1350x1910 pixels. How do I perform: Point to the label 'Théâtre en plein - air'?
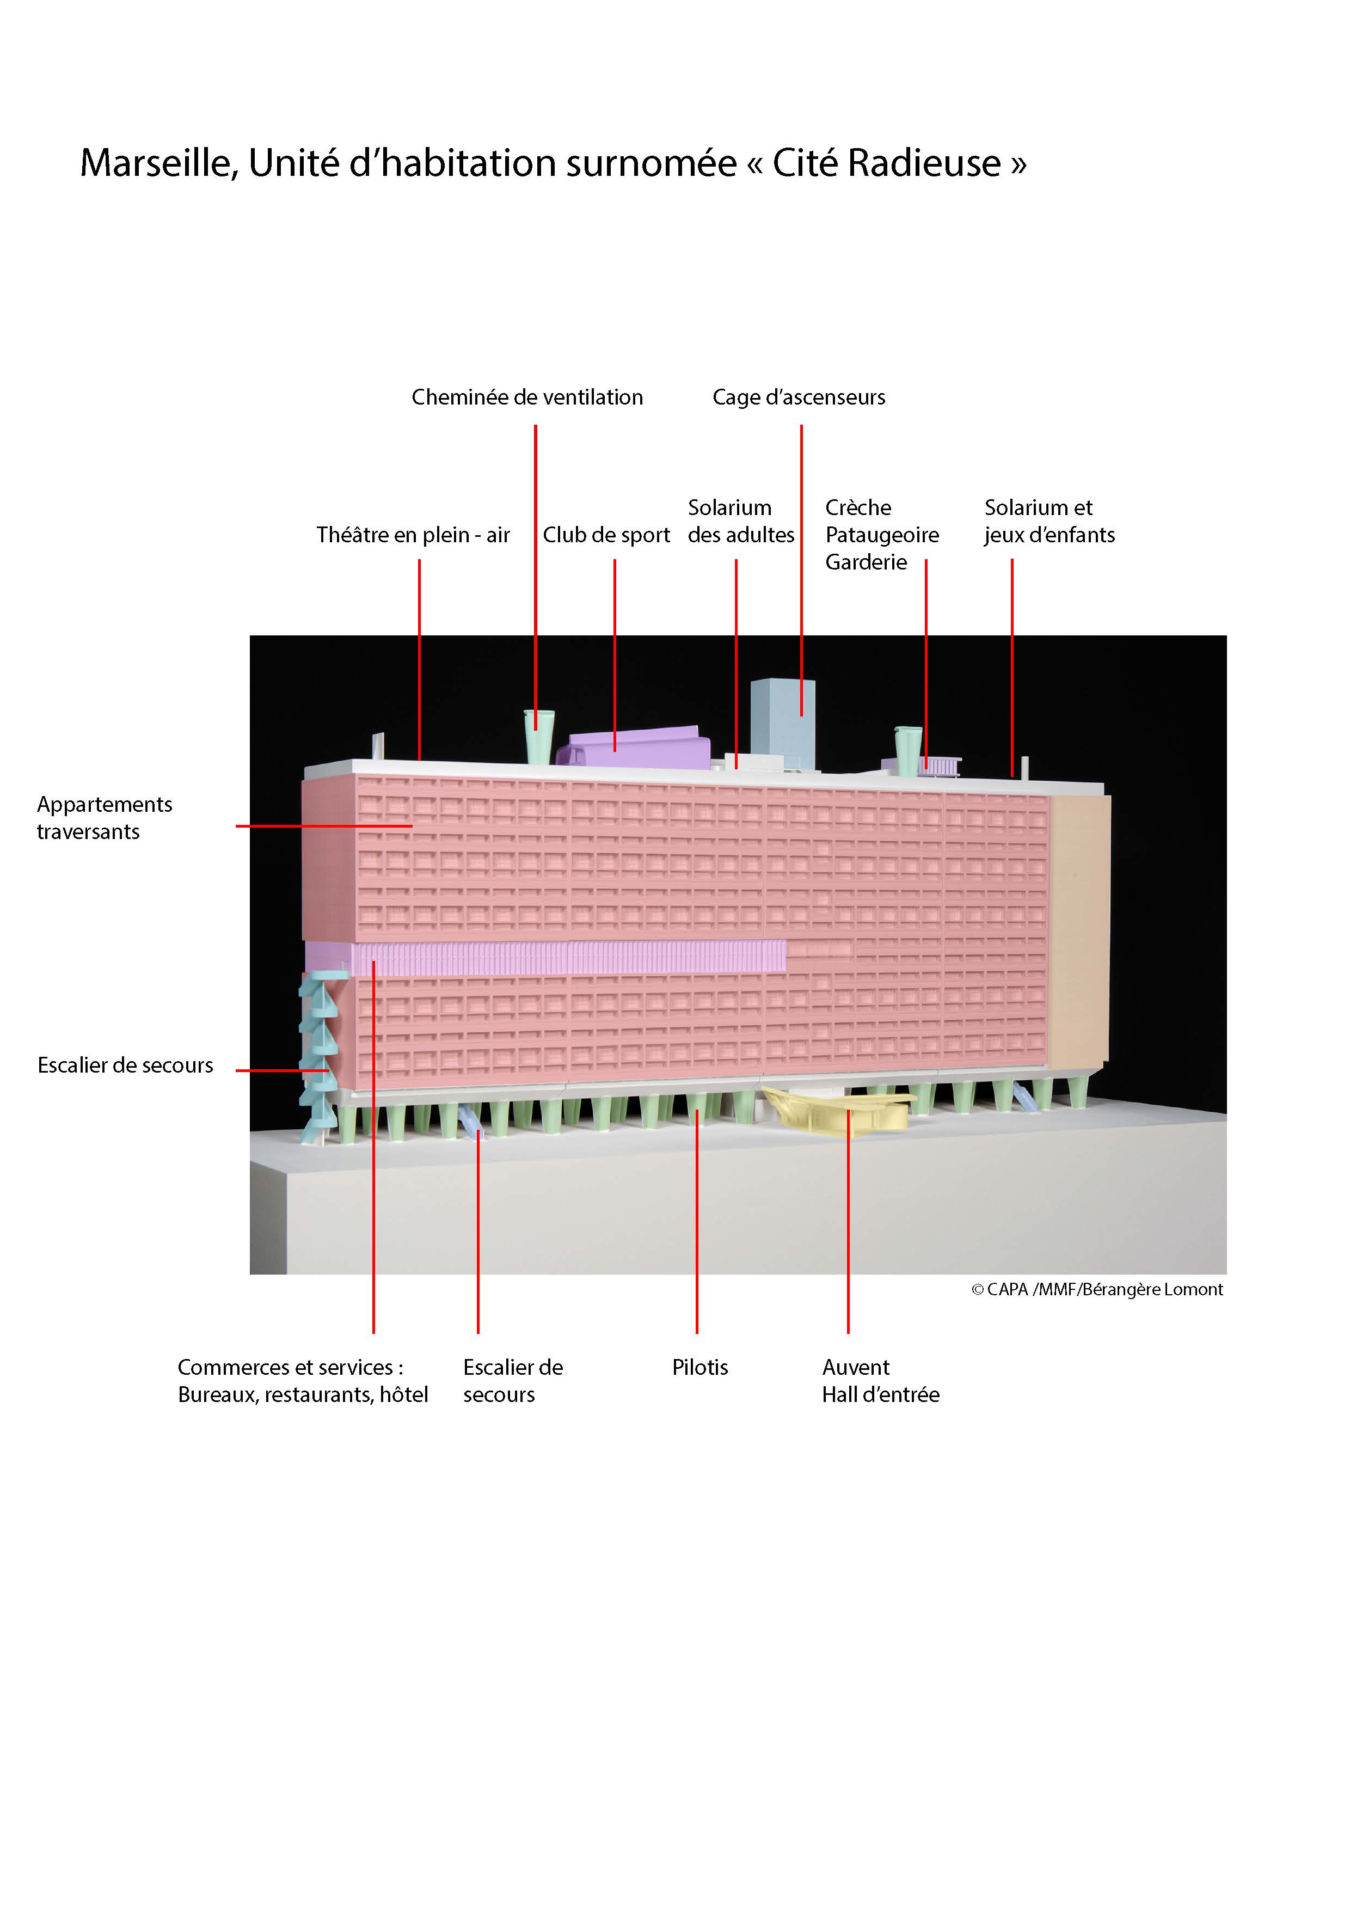click(x=413, y=535)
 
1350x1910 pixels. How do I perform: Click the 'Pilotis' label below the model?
click(x=699, y=1367)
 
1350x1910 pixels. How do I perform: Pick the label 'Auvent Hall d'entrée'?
click(x=880, y=1380)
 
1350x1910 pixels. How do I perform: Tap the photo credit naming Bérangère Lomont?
click(x=1096, y=1289)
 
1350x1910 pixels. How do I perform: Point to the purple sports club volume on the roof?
click(x=636, y=748)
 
